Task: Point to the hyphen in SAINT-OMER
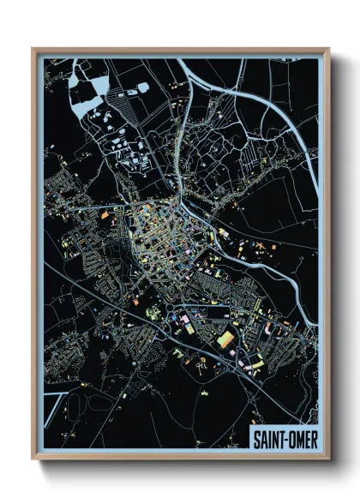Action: (284, 438)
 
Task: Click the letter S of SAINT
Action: (256, 437)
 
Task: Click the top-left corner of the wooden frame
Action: (33, 49)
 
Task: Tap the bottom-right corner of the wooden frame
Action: (328, 459)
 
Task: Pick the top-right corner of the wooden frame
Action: (328, 49)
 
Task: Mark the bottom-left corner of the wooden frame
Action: (33, 459)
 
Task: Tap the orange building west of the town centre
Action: (105, 216)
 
